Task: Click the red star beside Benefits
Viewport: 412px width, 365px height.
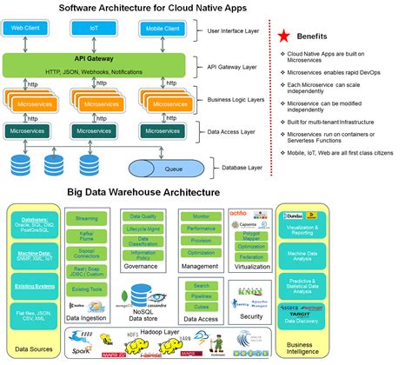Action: (x=283, y=36)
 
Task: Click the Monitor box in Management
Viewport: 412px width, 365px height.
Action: (x=202, y=215)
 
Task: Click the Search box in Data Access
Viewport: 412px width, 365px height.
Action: (x=202, y=286)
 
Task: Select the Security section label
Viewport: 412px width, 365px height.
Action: (x=249, y=318)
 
